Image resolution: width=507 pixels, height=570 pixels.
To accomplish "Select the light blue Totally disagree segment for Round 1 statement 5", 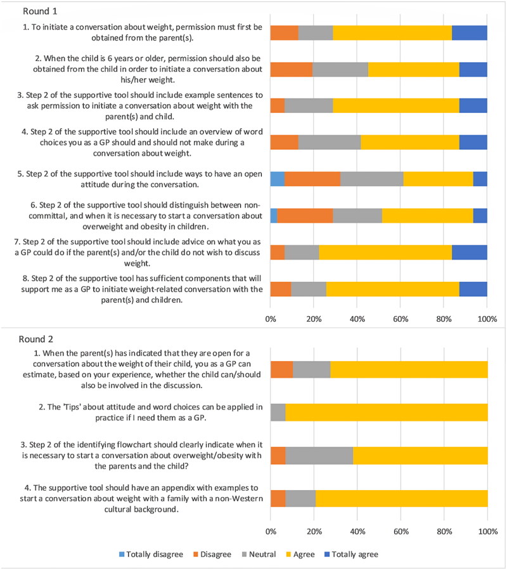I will coord(277,178).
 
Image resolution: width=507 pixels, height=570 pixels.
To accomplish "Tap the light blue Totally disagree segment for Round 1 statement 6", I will coord(274,215).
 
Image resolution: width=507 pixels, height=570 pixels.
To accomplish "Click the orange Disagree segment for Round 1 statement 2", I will coord(292,69).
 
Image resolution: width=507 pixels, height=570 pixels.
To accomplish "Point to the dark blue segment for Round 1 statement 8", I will coord(473,289).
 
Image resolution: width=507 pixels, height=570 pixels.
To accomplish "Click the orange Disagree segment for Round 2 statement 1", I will coord(281,369).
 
